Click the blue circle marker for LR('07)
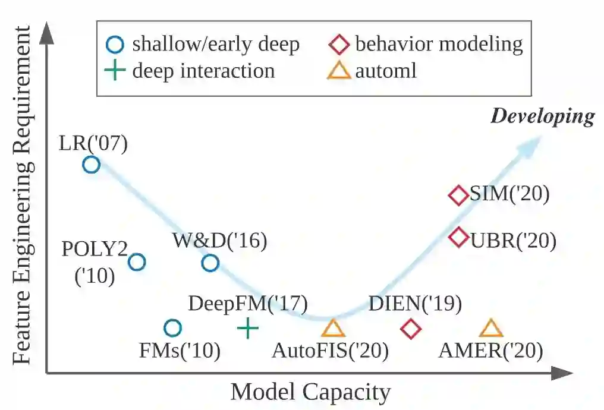point(91,165)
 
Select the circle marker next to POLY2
point(137,261)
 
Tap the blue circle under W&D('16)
point(210,263)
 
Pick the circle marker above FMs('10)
point(172,327)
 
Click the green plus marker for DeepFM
point(247,327)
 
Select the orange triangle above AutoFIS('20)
point(333,328)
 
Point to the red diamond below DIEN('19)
point(410,328)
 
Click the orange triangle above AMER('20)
point(491,328)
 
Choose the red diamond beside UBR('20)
point(458,238)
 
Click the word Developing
point(542,116)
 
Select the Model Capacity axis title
point(310,393)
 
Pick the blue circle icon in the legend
point(115,44)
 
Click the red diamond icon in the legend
point(339,44)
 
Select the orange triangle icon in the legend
point(339,71)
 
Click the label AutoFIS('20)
point(330,351)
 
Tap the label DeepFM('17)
point(247,304)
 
